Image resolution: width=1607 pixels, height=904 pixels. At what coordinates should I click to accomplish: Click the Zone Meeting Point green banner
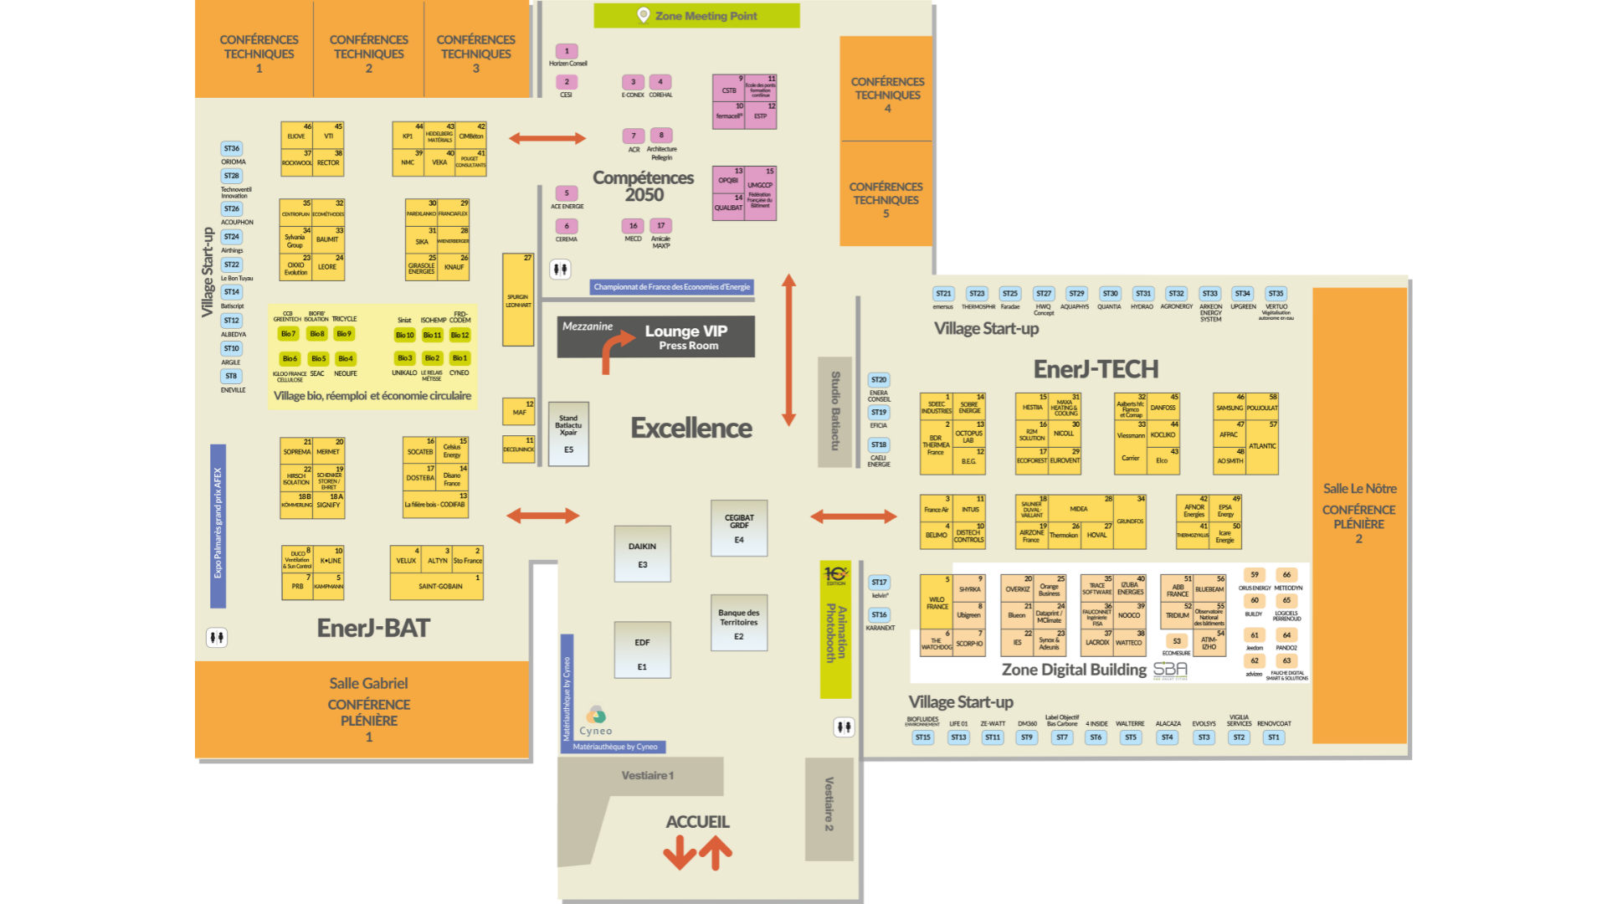tap(696, 15)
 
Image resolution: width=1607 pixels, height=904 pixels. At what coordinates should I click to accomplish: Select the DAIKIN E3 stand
tap(642, 553)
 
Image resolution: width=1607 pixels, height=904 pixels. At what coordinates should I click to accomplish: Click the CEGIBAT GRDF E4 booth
tap(739, 527)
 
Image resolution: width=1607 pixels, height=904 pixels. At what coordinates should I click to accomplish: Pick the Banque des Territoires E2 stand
tap(738, 623)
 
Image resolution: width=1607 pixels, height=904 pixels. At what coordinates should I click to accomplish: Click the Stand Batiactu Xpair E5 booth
tap(568, 434)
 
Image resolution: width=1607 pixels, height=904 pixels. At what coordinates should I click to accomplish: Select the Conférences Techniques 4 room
tap(886, 89)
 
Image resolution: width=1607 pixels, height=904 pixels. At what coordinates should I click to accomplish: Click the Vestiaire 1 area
tap(646, 776)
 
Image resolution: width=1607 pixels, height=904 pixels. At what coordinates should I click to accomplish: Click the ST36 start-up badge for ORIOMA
tap(232, 148)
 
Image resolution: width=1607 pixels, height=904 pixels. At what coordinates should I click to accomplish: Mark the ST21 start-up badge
tap(943, 294)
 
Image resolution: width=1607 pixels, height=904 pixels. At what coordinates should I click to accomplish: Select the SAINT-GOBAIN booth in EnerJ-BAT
tap(439, 586)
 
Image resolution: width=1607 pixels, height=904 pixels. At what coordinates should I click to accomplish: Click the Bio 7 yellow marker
tap(287, 334)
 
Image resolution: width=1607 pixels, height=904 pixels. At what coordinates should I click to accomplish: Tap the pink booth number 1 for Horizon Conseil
tap(567, 51)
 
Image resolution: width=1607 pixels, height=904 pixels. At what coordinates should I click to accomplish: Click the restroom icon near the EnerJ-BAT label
tap(217, 638)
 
